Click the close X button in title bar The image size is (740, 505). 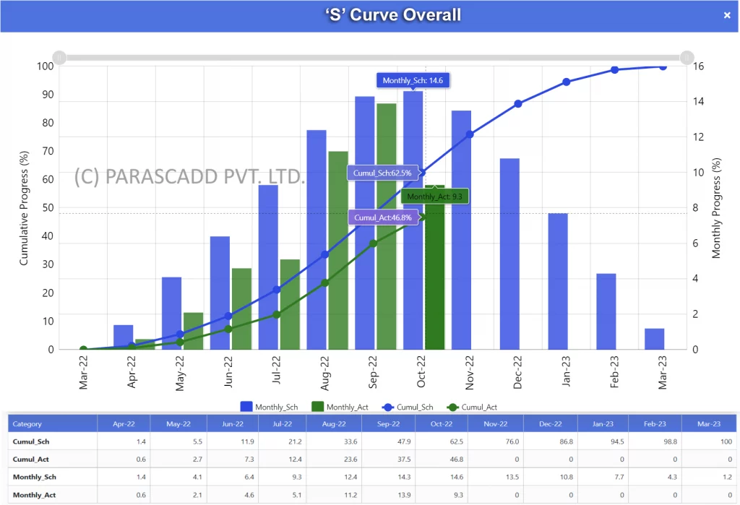point(727,16)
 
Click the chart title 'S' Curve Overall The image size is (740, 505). point(392,15)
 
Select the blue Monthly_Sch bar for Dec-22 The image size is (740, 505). point(509,253)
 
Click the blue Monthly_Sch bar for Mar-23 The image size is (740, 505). point(654,339)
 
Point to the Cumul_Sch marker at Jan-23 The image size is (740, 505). point(567,82)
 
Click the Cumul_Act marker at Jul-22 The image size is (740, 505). point(277,314)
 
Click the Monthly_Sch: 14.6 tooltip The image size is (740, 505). point(413,80)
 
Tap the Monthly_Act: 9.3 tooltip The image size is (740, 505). point(434,197)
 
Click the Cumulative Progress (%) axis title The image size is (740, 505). point(24,208)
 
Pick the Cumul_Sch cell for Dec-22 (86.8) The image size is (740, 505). point(547,441)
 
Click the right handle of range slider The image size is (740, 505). point(687,57)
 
